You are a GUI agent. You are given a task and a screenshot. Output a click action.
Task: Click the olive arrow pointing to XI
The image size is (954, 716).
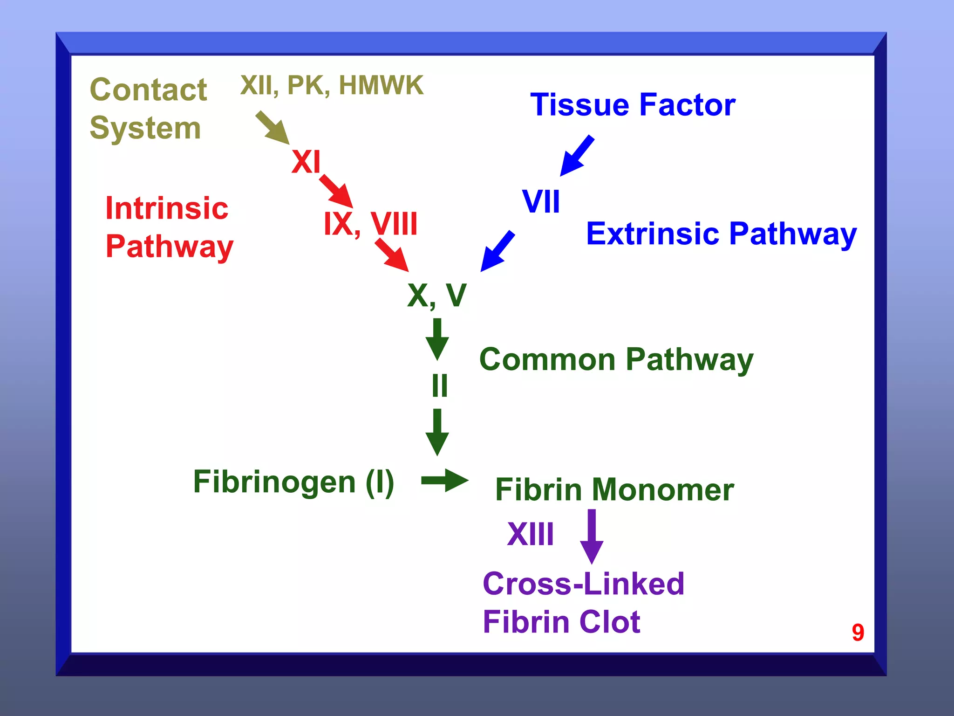pos(273,128)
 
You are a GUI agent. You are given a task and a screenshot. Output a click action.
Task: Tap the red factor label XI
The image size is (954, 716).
pos(306,162)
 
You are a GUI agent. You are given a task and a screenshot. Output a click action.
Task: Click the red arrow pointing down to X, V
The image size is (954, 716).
pos(392,255)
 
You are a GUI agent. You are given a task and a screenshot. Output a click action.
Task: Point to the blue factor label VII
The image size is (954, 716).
pos(541,201)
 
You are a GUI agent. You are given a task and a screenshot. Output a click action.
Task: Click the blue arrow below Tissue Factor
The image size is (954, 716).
pos(577,156)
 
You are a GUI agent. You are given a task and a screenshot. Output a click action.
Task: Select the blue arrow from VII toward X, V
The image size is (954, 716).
pos(497,251)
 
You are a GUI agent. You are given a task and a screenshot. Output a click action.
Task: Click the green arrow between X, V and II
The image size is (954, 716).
pos(437,339)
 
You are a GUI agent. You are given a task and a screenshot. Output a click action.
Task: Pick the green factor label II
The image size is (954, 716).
pos(440,386)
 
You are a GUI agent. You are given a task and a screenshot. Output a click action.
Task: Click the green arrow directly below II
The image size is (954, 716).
pos(437,432)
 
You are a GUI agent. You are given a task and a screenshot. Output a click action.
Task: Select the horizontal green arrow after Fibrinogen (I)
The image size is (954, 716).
pos(444,480)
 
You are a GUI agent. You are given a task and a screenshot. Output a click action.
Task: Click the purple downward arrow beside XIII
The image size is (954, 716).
pos(592,536)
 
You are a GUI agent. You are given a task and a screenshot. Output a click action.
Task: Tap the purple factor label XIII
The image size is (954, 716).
pos(531,534)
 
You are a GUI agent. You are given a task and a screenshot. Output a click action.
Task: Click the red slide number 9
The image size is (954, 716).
pos(858,633)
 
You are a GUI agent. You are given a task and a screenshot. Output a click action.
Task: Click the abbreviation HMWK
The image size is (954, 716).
pos(381,85)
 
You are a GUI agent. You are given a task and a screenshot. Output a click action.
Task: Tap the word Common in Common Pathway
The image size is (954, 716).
pos(547,359)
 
